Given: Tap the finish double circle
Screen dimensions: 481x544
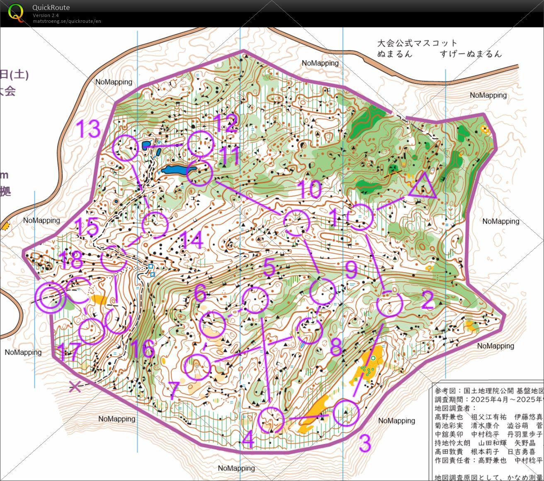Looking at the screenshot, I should pos(51,297).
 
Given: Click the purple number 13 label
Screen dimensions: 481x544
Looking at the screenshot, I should pos(89,129).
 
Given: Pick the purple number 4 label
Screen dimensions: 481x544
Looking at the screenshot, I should pos(248,440).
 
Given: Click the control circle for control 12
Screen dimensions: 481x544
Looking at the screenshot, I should pos(201,144).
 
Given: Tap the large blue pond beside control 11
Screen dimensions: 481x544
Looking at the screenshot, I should pos(175,170).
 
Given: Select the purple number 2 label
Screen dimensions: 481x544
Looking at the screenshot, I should pos(427,300).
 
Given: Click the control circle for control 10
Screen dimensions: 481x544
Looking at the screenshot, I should pos(297,223).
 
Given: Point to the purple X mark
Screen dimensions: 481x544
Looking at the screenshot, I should pos(75,387).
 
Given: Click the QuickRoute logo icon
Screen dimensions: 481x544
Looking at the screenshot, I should pos(16,13).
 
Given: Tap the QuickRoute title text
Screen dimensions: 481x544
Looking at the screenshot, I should pos(51,7).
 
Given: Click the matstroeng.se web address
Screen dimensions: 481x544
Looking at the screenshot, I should pos(67,21).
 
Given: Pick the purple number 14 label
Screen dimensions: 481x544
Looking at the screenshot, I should pos(191,240).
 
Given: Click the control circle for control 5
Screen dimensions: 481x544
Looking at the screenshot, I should pos(255,300).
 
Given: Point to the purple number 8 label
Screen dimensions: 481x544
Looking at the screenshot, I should pos(335,347).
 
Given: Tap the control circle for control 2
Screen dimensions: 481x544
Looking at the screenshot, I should pos(390,304).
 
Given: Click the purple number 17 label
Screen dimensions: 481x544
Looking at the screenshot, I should pos(68,352).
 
